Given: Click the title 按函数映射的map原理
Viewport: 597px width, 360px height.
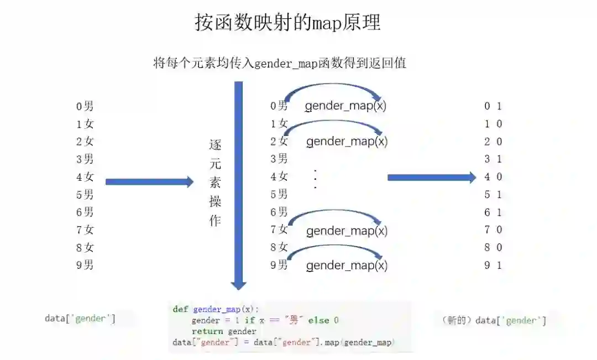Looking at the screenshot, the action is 287,23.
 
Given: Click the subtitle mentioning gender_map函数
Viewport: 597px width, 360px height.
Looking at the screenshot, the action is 280,63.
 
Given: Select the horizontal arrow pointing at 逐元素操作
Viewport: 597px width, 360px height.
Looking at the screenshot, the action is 149,182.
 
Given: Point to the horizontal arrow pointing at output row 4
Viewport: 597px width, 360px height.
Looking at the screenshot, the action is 431,178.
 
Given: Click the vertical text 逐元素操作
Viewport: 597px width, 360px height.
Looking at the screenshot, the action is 215,183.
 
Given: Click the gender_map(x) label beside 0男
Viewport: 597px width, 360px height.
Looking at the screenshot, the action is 345,106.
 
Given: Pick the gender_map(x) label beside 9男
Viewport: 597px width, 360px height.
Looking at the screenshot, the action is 347,265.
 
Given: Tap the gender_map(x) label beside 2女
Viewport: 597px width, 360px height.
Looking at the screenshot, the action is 347,142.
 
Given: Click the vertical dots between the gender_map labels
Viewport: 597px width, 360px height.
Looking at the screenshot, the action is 315,179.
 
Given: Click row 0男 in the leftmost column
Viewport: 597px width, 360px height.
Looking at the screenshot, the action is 85,106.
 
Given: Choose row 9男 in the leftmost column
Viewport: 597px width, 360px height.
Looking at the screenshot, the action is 85,265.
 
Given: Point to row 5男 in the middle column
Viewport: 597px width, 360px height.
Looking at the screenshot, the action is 279,194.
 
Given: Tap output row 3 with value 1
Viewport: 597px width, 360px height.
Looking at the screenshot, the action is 493,159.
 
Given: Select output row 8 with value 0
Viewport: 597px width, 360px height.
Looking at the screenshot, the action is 493,247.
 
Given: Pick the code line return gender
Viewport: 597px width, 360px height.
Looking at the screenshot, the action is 224,331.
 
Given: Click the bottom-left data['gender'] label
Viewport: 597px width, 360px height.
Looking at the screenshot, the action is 80,319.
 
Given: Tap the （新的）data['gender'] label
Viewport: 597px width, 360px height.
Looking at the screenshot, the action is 494,321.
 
